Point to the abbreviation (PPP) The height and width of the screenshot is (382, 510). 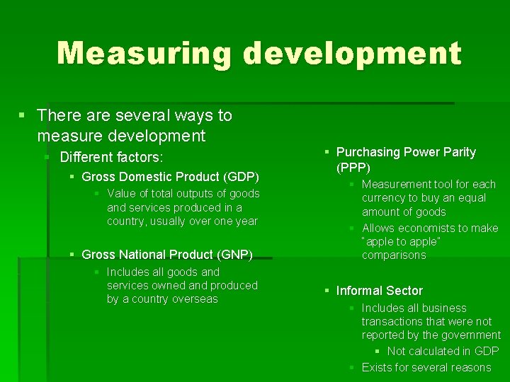coord(353,168)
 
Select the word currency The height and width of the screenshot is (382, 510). coord(385,198)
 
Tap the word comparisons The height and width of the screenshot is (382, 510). coord(394,255)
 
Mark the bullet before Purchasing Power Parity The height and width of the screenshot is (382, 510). coord(327,152)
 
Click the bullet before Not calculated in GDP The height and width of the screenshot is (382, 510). coord(378,351)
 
